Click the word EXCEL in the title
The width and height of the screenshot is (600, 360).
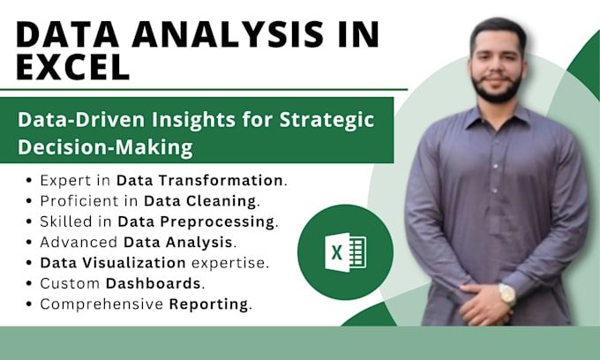72,65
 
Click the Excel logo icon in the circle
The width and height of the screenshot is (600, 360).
333,252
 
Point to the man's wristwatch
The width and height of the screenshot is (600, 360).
507,295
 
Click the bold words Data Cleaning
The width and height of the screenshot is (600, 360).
201,200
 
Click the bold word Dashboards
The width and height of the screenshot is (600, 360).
154,283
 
